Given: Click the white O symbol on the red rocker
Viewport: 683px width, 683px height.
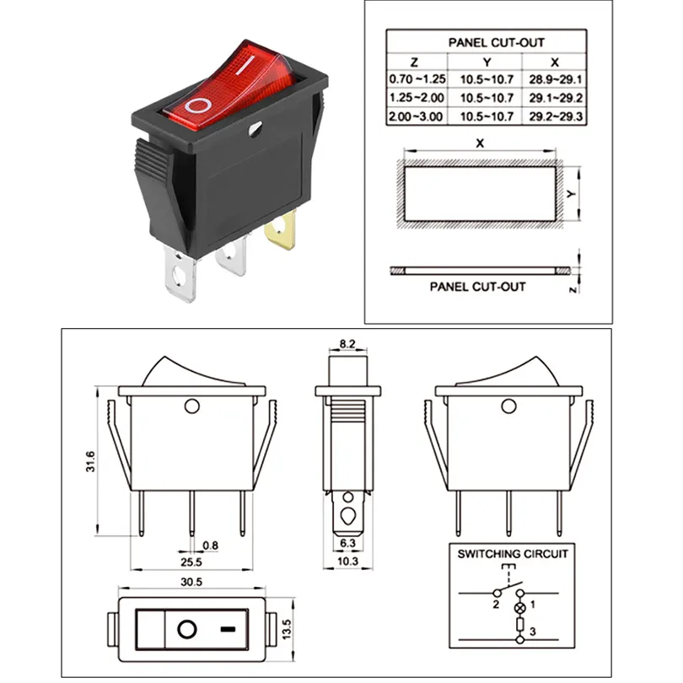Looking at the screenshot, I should coord(200,105).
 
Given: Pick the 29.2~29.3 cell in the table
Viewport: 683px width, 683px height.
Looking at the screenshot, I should coord(555,116).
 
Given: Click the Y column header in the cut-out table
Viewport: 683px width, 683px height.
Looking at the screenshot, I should coord(486,62).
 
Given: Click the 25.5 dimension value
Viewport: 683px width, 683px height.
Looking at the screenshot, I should coord(190,562).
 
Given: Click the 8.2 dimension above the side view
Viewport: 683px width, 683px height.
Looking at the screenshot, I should coord(347,344).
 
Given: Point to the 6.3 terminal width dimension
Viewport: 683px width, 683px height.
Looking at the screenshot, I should coord(347,545).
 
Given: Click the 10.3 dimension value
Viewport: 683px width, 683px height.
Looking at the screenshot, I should coord(347,562).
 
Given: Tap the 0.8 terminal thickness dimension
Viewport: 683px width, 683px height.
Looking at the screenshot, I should coord(210,546).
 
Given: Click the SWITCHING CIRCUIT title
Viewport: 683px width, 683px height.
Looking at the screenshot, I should coord(513,554).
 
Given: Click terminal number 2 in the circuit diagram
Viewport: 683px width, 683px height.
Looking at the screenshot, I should coord(496,605).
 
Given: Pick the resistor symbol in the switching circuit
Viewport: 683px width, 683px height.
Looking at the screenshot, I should coord(519,625).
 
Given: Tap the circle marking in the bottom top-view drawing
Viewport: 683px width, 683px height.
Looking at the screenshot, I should coord(186,629).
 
